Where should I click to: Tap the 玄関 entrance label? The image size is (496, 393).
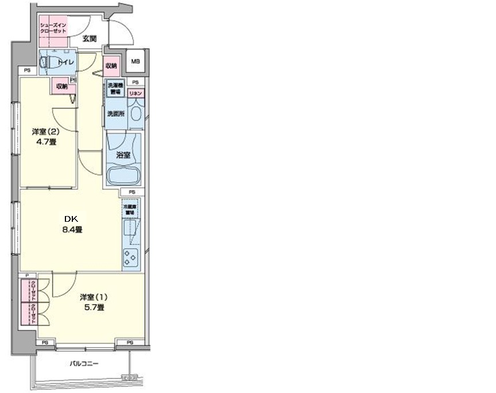coord(89,39)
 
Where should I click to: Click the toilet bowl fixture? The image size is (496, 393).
coord(48,62)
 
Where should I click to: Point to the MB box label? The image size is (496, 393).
coord(135,61)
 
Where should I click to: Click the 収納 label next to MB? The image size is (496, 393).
coord(111,66)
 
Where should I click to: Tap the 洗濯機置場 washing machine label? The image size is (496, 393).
coord(115,89)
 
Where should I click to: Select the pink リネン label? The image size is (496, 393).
coord(135,93)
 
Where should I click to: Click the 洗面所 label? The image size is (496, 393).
coord(114,113)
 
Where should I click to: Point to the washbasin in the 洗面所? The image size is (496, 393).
coord(135,113)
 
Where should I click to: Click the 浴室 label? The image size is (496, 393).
coord(122,155)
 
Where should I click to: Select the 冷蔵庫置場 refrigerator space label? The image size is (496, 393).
coord(129,209)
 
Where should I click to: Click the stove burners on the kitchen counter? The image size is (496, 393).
coord(131,258)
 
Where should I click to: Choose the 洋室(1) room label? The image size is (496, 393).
coord(94,297)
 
